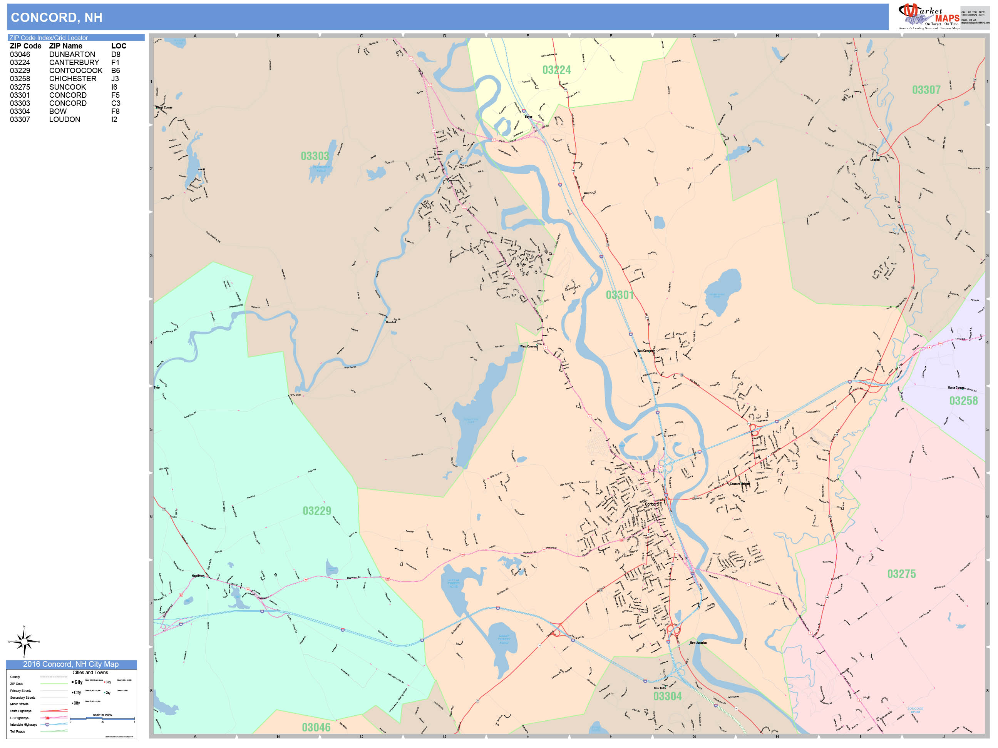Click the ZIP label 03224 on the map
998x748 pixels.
click(556, 70)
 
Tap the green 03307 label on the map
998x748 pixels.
click(926, 90)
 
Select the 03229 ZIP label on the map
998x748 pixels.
click(317, 511)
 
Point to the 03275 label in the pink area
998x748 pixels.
click(901, 574)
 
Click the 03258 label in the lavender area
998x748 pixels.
click(963, 401)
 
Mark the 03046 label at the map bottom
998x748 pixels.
click(316, 727)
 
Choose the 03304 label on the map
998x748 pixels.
click(667, 696)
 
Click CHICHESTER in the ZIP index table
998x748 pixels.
click(73, 78)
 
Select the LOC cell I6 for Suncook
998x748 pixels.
click(114, 87)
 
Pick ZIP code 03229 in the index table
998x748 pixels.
click(20, 70)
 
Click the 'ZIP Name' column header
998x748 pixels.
click(65, 46)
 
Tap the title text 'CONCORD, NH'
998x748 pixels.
click(56, 18)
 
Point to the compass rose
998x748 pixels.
click(24, 641)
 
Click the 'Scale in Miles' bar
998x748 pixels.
click(102, 718)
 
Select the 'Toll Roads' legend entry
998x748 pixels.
click(18, 731)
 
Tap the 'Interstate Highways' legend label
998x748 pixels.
click(23, 725)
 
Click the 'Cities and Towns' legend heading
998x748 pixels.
click(90, 672)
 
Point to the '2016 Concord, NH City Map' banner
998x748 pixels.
click(71, 664)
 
